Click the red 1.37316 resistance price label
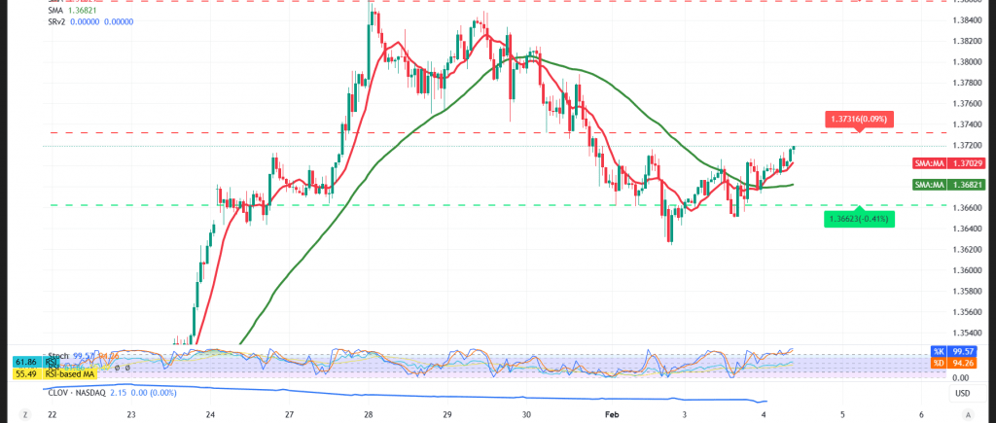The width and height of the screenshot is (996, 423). coord(858,118)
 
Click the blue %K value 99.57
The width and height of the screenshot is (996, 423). coord(964,351)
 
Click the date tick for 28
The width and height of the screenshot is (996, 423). coord(370,414)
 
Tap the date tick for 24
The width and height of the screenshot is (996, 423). coord(210,414)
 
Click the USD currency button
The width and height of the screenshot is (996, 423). coord(962,394)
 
